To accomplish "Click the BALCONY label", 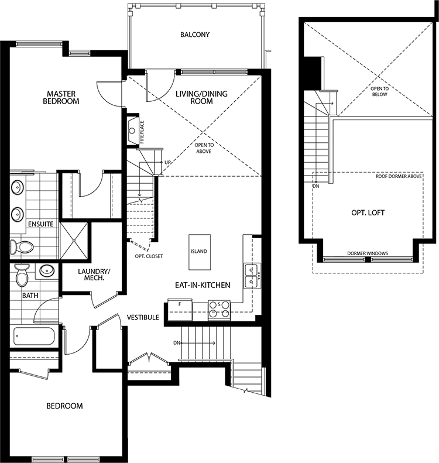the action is [x=195, y=35].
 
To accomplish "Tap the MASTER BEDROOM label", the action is [x=61, y=97].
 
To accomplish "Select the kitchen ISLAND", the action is [x=200, y=252].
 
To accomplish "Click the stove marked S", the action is [x=219, y=310].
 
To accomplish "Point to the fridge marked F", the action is [x=180, y=310].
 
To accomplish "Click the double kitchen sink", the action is [x=252, y=276].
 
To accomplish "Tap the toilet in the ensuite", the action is [x=21, y=247].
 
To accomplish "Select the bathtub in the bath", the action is [x=34, y=336].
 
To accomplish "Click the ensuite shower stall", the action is [x=74, y=241].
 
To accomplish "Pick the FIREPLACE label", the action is [x=142, y=132].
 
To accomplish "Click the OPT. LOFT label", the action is [x=368, y=212].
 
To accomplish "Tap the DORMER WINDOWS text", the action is [x=368, y=253].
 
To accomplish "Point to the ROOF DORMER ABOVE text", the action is [x=399, y=176].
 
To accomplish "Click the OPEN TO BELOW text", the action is [x=380, y=91].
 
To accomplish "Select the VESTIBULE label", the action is [x=143, y=317].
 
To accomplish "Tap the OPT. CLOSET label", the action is [x=149, y=256].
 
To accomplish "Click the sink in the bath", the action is [x=47, y=270].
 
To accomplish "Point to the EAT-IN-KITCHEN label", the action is [x=203, y=285].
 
